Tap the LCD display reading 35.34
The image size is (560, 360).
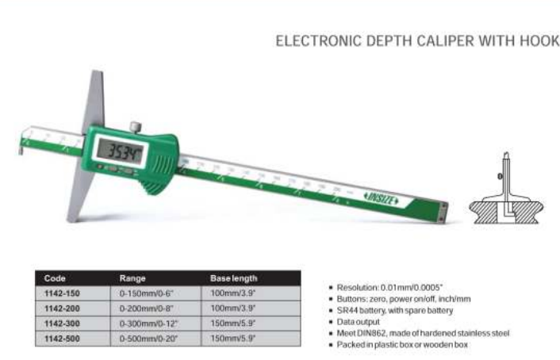[120, 151]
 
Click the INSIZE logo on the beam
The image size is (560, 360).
[381, 198]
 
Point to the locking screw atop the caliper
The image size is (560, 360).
[136, 127]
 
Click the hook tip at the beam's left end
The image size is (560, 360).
[21, 150]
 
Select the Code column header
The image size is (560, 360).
[55, 278]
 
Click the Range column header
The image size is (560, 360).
[132, 278]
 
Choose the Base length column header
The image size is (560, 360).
[233, 278]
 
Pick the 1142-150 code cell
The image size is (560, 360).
[62, 293]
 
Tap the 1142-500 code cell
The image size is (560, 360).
[62, 339]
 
